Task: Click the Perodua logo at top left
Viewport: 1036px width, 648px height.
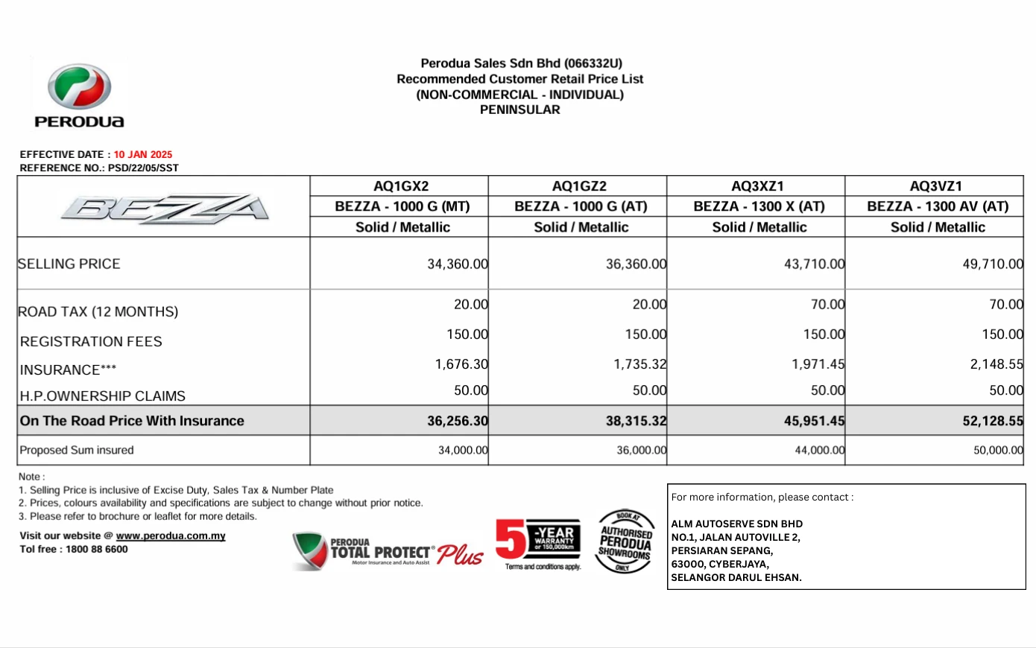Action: [x=79, y=95]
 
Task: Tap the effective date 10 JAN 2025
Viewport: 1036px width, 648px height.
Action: [x=142, y=155]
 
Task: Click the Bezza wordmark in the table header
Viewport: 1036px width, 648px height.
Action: [x=165, y=208]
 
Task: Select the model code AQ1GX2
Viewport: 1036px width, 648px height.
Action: [x=401, y=186]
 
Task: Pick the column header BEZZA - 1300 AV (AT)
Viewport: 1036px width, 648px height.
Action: [x=938, y=206]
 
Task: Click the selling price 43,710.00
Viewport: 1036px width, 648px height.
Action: [x=814, y=264]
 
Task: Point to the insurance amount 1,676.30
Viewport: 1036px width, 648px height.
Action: [x=461, y=364]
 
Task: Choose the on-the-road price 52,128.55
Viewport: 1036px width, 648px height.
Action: [x=992, y=421]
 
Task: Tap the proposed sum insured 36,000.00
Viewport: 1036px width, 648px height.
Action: [x=641, y=450]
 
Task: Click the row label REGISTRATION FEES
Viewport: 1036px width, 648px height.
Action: [x=91, y=342]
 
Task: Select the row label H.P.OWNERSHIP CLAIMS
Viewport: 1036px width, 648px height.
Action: [x=103, y=396]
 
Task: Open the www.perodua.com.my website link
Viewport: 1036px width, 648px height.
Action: [x=171, y=536]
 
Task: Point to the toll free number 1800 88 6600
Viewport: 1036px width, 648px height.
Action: [x=97, y=550]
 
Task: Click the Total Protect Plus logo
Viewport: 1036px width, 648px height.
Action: [x=388, y=552]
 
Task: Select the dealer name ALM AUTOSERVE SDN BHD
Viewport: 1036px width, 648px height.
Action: [x=736, y=524]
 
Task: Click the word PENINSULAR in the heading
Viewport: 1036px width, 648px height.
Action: [x=519, y=109]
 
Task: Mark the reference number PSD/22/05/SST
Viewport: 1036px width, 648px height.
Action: [x=143, y=168]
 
